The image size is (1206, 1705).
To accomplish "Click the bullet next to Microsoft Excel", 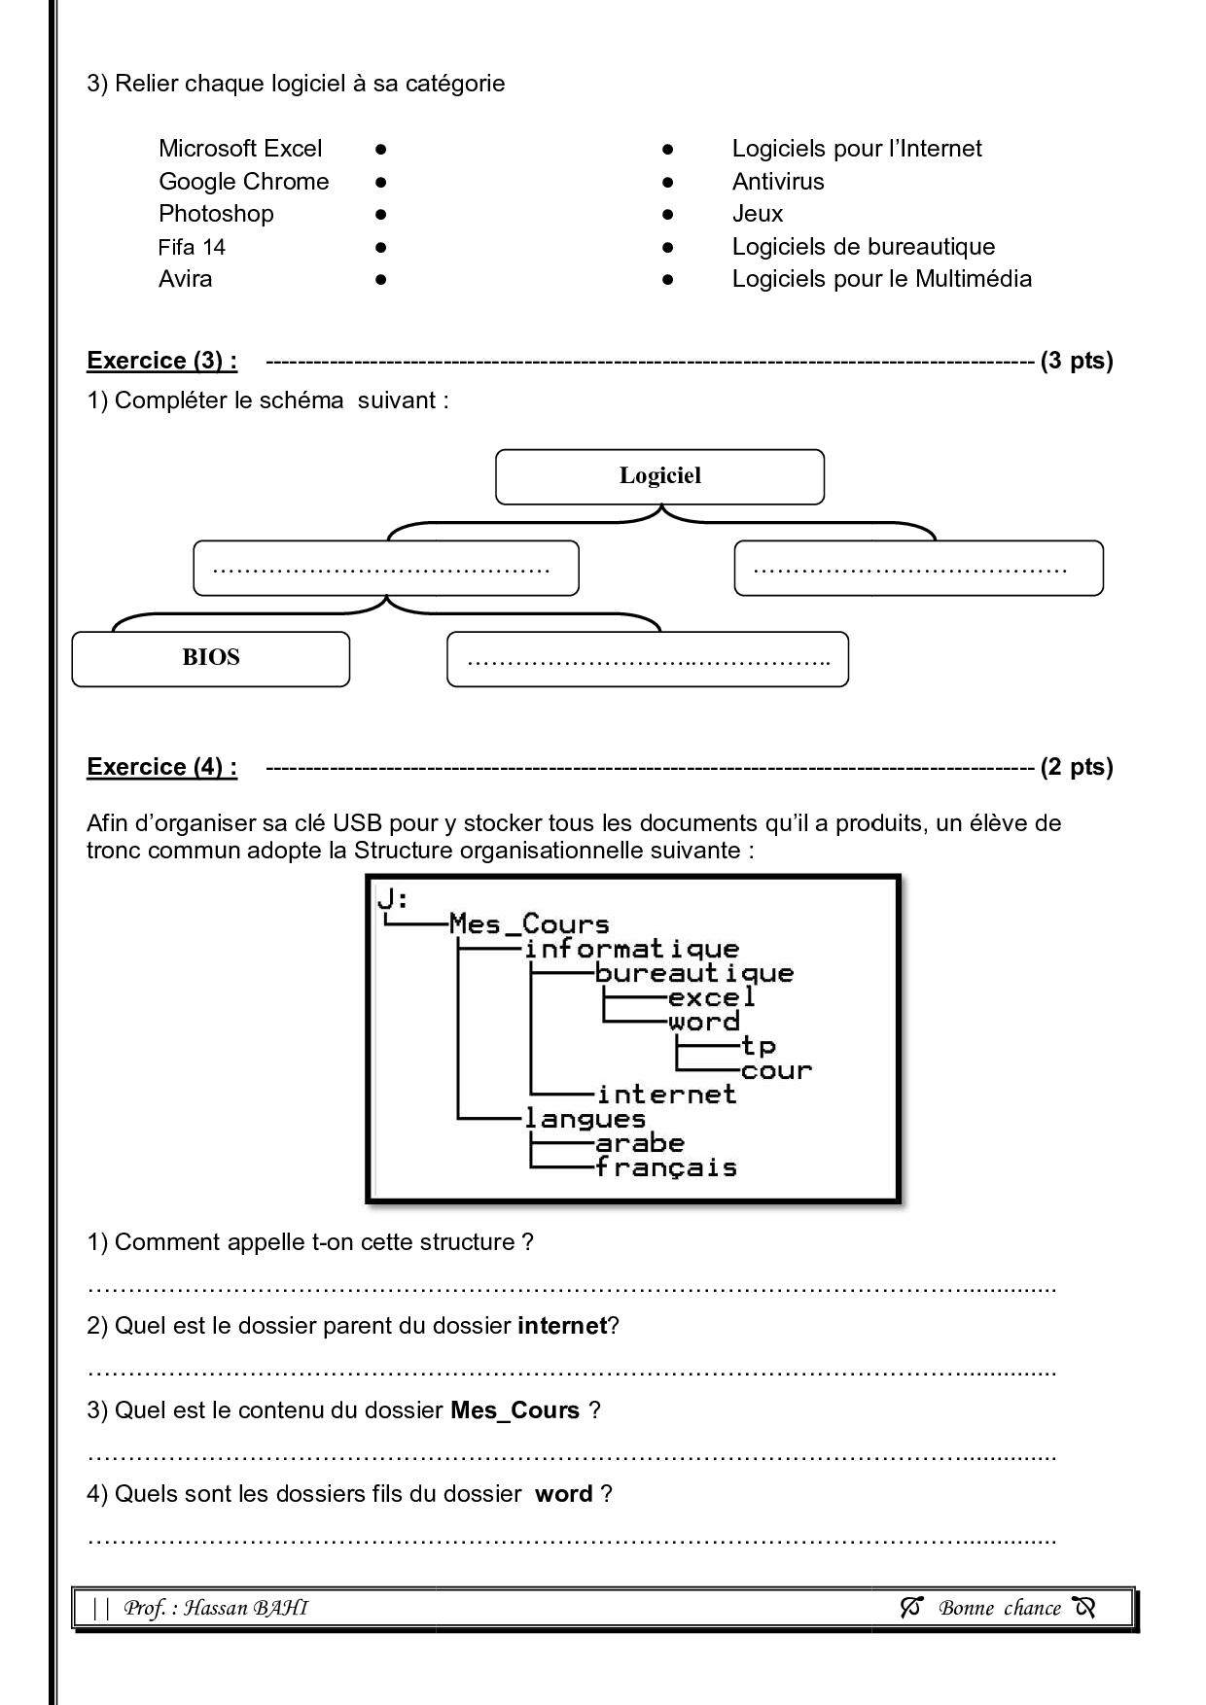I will tap(381, 150).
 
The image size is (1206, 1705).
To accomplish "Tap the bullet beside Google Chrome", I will tap(381, 183).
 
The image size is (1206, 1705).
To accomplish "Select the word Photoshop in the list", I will tap(216, 214).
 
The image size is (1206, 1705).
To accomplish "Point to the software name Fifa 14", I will tap(192, 247).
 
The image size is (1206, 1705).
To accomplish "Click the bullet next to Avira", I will tap(381, 280).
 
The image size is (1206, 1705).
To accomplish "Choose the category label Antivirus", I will tap(777, 182).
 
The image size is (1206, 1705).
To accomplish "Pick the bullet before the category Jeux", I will tap(667, 215).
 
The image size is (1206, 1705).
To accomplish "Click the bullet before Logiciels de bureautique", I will tap(667, 248).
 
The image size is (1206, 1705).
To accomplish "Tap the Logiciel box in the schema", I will tap(659, 476).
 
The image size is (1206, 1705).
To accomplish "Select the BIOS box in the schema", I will tap(210, 658).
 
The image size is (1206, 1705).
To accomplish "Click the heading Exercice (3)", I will tap(161, 361).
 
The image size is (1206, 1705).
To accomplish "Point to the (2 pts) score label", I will tap(1076, 767).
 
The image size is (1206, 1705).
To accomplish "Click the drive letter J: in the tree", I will tap(392, 899).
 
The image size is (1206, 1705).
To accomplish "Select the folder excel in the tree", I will tap(711, 997).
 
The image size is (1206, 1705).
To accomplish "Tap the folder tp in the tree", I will tap(758, 1046).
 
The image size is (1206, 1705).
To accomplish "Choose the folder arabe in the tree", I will tap(639, 1143).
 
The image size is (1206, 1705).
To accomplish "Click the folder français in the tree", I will tap(665, 1167).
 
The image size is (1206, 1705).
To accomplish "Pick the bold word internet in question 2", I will tap(562, 1326).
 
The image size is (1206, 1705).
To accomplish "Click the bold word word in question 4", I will tap(563, 1494).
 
